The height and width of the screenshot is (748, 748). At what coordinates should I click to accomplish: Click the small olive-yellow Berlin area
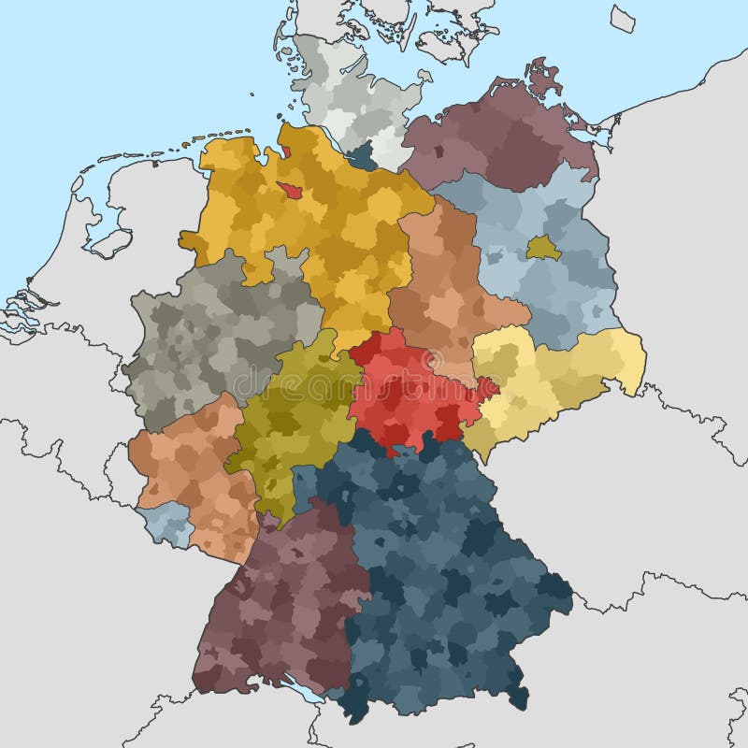click(x=543, y=248)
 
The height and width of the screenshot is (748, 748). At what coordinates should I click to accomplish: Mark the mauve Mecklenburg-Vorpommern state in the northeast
click(x=496, y=140)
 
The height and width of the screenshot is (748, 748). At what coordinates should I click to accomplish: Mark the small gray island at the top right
click(x=623, y=18)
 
